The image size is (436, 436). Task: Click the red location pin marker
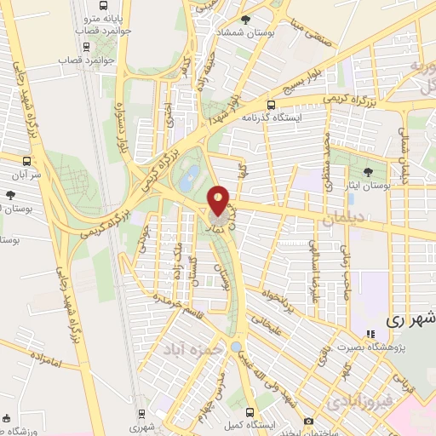(x=219, y=201)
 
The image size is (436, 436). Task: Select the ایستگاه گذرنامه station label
(x=272, y=118)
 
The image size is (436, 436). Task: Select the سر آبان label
(x=27, y=171)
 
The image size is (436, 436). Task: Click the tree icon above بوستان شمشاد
(x=247, y=19)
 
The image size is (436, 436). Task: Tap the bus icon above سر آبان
(x=27, y=159)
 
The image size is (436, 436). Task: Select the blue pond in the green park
(x=191, y=176)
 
